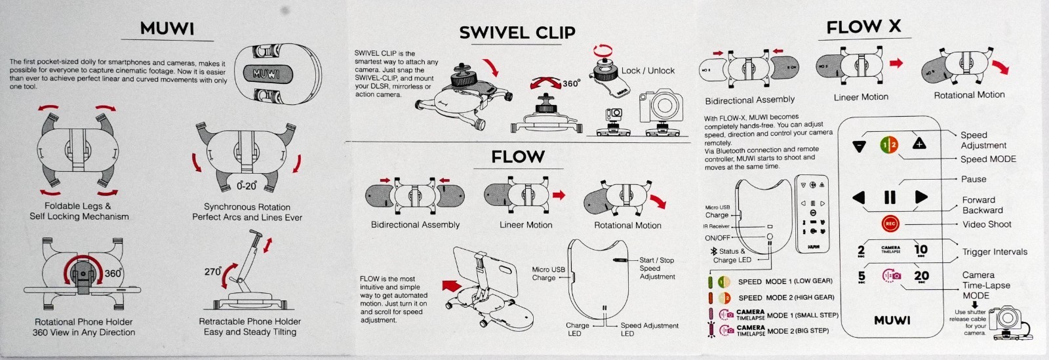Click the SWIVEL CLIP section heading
517,33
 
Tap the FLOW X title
863,27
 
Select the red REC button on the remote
890,224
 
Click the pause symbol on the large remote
890,197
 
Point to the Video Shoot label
986,224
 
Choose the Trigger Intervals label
994,252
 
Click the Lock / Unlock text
648,71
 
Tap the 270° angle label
212,271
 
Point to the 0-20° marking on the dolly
247,186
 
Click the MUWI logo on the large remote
892,320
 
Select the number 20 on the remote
921,277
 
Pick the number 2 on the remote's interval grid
861,250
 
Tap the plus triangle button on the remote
919,144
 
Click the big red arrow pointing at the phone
452,286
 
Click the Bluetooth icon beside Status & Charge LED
713,251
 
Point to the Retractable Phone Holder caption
250,327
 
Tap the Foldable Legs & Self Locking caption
79,211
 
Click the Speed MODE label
987,159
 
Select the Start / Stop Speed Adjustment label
657,268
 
